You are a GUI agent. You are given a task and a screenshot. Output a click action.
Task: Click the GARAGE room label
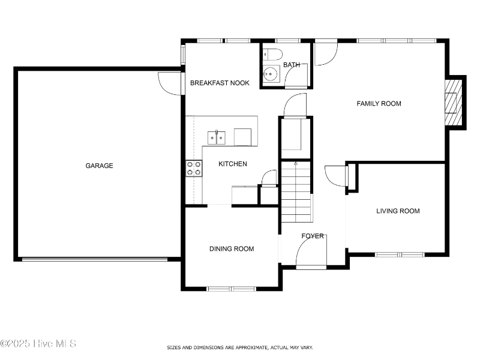click(x=99, y=166)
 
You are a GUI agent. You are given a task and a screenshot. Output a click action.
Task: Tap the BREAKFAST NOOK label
click(x=220, y=83)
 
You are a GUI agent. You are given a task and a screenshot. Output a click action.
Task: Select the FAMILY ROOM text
click(x=379, y=104)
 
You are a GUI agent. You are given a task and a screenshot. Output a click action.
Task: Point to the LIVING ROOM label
click(x=398, y=211)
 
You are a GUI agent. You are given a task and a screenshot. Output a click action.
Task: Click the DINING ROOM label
click(x=231, y=248)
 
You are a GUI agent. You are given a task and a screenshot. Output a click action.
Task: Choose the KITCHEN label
click(x=232, y=164)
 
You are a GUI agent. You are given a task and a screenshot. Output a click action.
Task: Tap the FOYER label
click(x=313, y=236)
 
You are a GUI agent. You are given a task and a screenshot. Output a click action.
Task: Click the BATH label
click(x=292, y=65)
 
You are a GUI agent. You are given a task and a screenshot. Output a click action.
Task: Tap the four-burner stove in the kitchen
click(x=193, y=168)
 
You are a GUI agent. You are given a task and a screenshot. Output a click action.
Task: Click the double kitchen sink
click(x=216, y=137)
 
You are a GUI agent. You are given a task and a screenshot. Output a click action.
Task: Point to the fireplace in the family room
click(x=454, y=103)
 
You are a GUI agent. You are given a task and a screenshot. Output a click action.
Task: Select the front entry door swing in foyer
click(x=311, y=254)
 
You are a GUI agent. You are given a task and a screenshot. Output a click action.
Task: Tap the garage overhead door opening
click(x=95, y=259)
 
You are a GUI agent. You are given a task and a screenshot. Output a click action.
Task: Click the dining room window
click(x=232, y=289)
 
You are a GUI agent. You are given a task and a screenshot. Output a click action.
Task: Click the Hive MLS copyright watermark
click(x=38, y=344)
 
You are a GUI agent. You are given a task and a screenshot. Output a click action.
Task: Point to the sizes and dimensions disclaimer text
click(x=239, y=347)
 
